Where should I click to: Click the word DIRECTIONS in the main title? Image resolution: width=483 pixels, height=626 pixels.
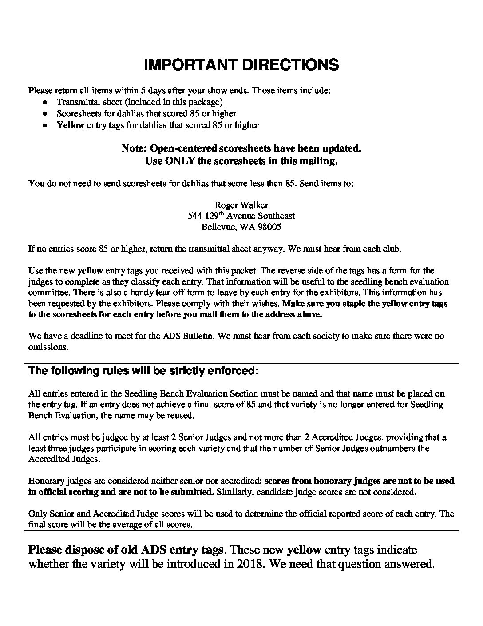coord(290,65)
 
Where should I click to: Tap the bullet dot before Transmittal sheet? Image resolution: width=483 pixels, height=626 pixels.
coord(45,102)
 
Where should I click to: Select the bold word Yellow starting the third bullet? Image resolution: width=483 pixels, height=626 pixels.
coord(71,125)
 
